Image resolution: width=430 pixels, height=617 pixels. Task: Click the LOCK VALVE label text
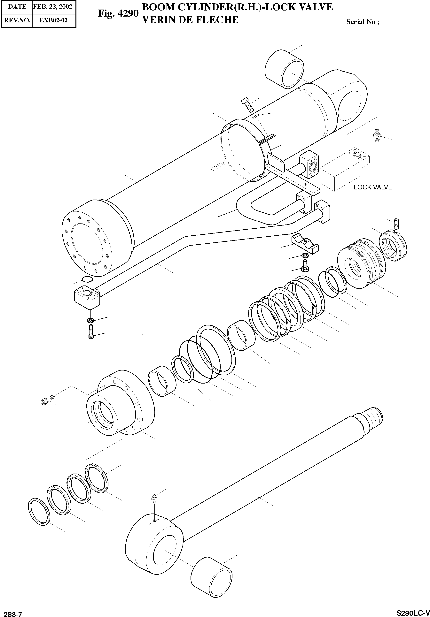point(373,187)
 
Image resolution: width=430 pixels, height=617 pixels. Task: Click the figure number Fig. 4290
point(118,13)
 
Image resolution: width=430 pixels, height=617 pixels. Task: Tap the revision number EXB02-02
point(53,20)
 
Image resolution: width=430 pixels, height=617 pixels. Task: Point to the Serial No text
point(363,22)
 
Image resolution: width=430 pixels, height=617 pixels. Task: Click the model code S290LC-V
point(413,613)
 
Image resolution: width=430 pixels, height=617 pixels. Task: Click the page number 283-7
point(11,613)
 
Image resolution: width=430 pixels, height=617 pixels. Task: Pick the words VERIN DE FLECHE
point(190,20)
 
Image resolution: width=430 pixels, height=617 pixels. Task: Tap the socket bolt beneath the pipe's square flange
point(91,332)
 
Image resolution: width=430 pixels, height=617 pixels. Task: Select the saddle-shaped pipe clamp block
point(305,244)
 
